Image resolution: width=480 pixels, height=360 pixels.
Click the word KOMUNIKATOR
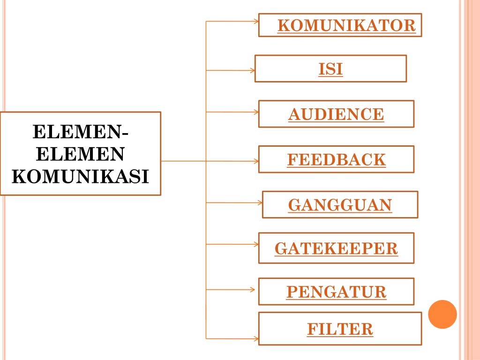click(x=346, y=25)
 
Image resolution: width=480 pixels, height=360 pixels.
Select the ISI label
click(x=330, y=69)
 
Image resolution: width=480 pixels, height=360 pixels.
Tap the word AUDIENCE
click(x=336, y=114)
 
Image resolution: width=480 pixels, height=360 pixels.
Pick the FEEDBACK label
click(x=336, y=160)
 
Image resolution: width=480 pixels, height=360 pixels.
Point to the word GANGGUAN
click(x=340, y=205)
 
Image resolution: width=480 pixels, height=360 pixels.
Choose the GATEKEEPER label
click(x=336, y=248)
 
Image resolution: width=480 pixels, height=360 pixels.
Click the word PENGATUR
click(x=336, y=292)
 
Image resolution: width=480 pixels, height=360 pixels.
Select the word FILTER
click(x=340, y=329)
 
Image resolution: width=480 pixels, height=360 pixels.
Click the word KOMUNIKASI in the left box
click(x=80, y=177)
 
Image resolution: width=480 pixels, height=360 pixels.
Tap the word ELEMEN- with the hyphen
click(x=80, y=132)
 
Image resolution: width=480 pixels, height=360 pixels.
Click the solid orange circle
click(x=442, y=314)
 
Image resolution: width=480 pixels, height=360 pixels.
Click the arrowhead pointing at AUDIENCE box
click(x=256, y=112)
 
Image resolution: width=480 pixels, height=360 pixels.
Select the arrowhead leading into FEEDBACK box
click(x=256, y=161)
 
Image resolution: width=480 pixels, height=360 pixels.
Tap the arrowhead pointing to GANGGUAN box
click(x=260, y=203)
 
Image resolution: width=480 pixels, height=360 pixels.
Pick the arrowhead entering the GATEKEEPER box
click(x=256, y=244)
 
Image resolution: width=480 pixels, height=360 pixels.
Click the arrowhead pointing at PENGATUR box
click(x=256, y=290)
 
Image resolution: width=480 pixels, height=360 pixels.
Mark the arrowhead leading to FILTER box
click(x=256, y=338)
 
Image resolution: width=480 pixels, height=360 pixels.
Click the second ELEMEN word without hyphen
click(x=80, y=154)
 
